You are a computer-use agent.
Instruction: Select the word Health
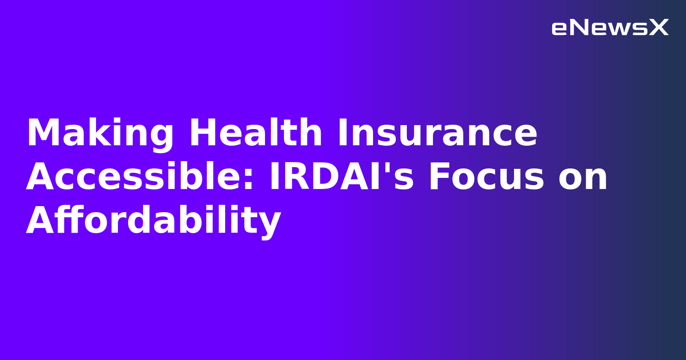[256, 133]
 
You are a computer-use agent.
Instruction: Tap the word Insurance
[437, 133]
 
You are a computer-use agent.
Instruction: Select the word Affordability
[153, 221]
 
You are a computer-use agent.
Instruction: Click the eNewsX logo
[610, 28]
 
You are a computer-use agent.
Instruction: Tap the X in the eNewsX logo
[659, 28]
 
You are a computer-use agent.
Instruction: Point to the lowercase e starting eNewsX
[559, 29]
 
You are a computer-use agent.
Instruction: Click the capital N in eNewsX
[578, 28]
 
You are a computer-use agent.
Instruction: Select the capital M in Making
[42, 133]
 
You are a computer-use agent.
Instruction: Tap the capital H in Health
[202, 133]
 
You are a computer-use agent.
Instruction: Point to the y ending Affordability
[271, 224]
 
